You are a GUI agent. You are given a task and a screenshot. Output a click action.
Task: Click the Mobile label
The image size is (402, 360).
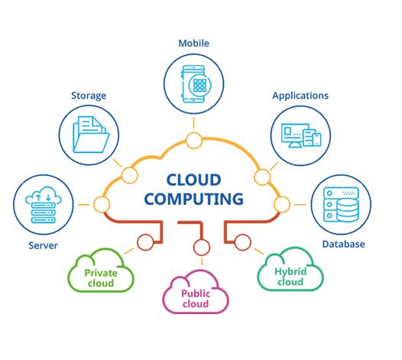click(193, 43)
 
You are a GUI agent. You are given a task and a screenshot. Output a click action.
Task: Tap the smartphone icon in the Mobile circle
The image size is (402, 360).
click(194, 84)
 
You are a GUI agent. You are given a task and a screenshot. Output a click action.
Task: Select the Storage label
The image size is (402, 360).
click(89, 96)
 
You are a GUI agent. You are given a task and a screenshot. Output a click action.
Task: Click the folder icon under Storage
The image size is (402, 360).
click(91, 135)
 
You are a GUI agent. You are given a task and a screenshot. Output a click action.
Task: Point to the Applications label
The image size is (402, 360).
click(300, 96)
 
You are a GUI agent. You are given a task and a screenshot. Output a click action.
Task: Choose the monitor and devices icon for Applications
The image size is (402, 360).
click(301, 135)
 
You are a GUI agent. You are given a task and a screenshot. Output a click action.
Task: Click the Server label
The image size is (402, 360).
click(43, 245)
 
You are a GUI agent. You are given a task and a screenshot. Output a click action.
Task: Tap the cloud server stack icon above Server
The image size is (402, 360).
click(44, 205)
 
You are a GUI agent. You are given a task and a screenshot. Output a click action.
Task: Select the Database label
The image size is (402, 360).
click(343, 244)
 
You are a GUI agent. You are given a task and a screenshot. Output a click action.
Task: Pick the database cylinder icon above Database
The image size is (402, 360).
click(341, 204)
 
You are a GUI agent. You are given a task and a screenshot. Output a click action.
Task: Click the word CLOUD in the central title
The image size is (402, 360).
click(193, 180)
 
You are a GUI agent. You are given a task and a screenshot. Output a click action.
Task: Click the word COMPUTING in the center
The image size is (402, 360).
click(193, 199)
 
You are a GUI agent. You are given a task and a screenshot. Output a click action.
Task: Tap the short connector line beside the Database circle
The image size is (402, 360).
click(300, 205)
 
